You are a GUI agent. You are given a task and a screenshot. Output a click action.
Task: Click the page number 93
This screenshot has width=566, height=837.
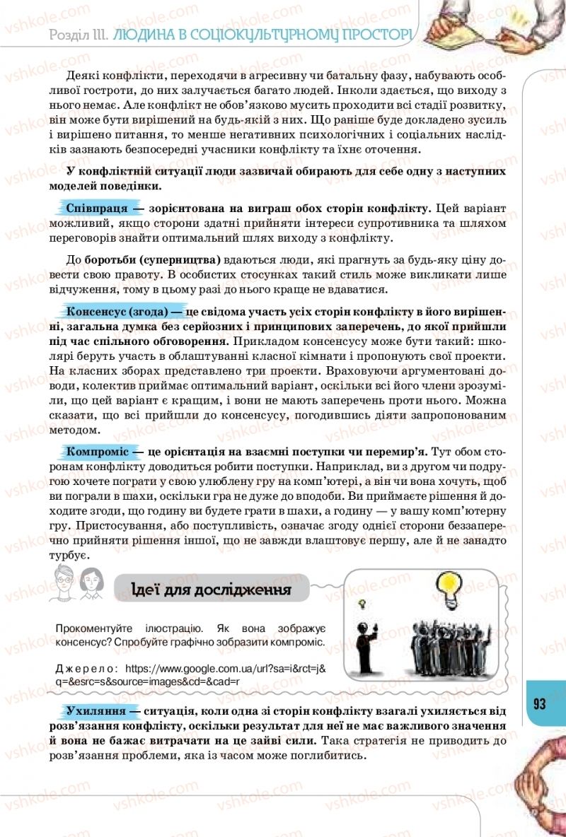tap(540, 703)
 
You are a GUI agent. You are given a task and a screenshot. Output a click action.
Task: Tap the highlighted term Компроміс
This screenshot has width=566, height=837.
tap(97, 450)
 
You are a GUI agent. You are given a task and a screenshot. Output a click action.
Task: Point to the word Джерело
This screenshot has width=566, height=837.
tap(86, 667)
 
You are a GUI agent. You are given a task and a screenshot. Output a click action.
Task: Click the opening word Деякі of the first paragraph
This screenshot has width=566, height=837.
tap(83, 76)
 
